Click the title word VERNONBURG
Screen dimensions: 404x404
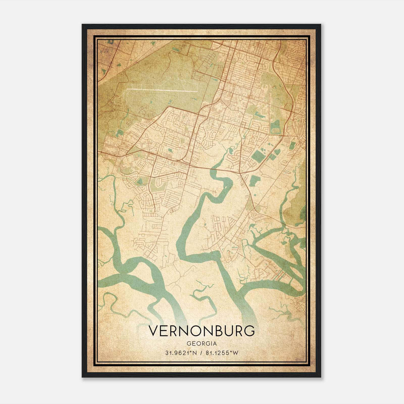pyautogui.click(x=202, y=331)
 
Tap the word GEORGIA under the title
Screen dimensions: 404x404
pyautogui.click(x=202, y=344)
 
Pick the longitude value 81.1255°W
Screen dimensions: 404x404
pyautogui.click(x=222, y=353)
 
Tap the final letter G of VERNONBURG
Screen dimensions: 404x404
pyautogui.click(x=249, y=331)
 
